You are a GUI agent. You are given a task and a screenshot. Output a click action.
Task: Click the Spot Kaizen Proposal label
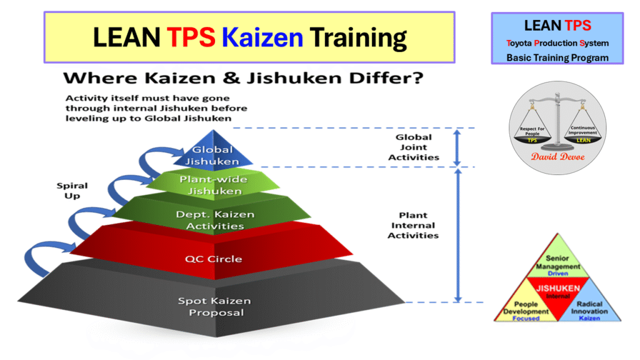coord(214,306)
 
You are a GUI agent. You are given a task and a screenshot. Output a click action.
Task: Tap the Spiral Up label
coord(72,191)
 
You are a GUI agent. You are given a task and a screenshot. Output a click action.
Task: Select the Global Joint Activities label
coord(413,147)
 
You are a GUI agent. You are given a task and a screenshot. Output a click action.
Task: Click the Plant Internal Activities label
coord(413,226)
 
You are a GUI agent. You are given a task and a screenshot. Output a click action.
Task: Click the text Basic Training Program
coord(557,57)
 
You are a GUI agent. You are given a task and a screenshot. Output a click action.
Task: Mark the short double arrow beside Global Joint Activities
coord(457,147)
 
